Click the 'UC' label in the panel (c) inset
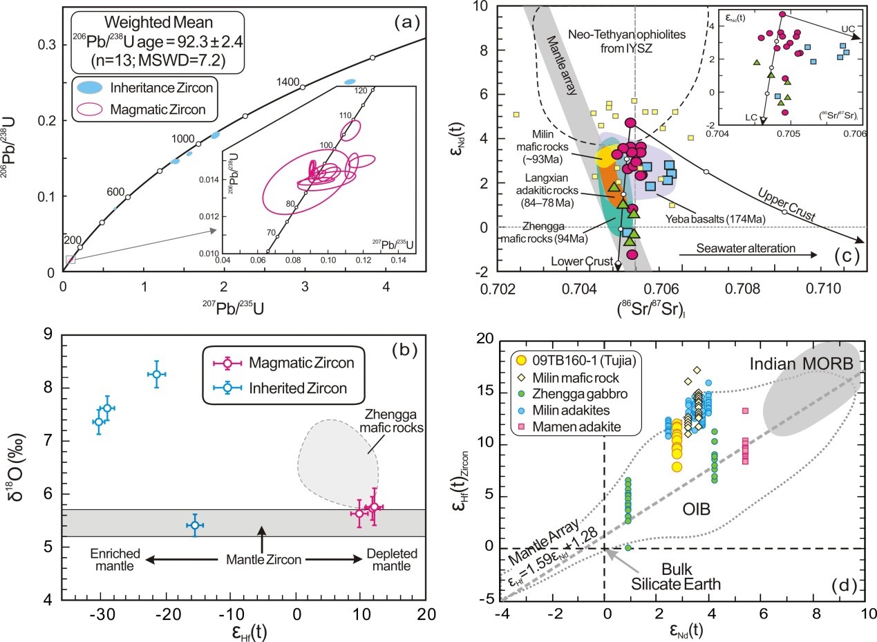click(848, 28)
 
